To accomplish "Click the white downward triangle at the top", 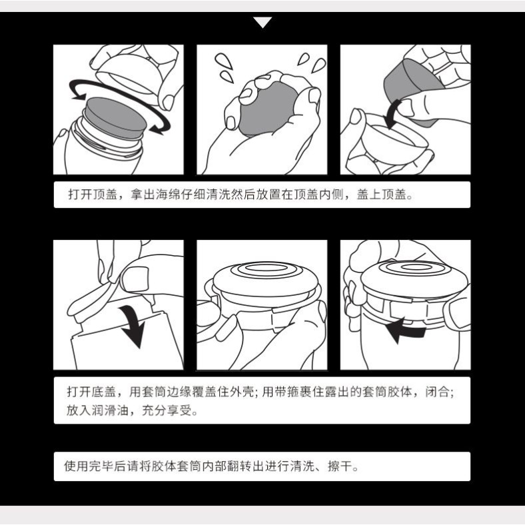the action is coord(263,22).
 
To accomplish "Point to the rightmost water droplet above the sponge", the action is coord(318,65).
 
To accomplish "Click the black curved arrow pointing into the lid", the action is coord(392,114).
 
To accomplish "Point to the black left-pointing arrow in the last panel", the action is coord(405,330).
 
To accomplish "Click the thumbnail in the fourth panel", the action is coord(135,279).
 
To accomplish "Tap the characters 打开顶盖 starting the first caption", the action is coord(93,195).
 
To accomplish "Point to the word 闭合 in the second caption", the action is coord(438,391).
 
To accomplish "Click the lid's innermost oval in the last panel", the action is coord(416,267).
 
